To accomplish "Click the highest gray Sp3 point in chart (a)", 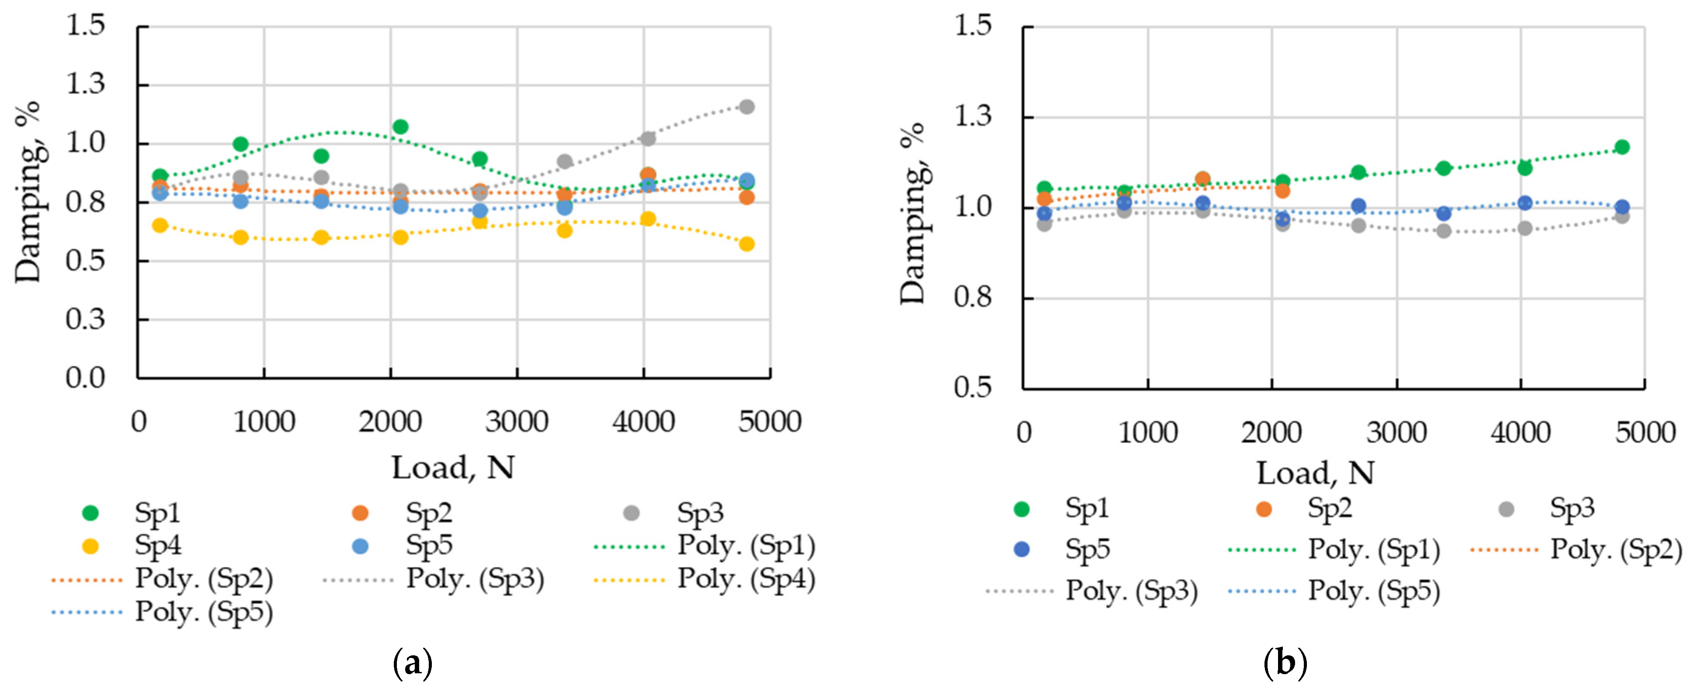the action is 746,107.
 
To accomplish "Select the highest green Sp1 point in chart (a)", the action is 400,127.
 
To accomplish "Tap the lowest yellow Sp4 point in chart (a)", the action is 746,244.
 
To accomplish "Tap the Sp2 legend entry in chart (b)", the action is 1306,508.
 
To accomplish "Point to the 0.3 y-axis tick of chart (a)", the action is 86,319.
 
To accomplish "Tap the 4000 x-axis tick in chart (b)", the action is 1521,433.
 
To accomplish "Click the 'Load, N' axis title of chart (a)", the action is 453,468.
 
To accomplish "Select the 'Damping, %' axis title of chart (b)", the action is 913,213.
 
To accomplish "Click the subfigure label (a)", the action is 413,663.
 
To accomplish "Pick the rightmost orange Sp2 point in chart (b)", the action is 1282,191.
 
